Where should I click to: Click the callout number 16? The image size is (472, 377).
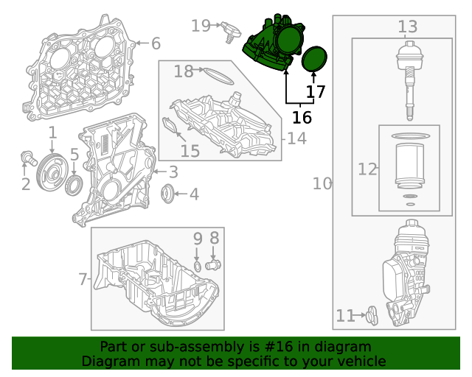pos(302,118)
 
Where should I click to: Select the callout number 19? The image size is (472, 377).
pos(201,26)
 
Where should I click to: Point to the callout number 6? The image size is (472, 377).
pos(156,44)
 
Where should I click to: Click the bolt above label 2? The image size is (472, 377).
pos(27,157)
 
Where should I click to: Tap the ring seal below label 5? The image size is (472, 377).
pos(75,184)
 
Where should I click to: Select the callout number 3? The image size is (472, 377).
pos(173,173)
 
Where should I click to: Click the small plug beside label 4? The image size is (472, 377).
pos(169,194)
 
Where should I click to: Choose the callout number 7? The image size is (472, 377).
pos(83,280)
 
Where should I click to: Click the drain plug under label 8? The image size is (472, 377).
pos(215,264)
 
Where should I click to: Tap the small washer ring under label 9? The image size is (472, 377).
pos(198,265)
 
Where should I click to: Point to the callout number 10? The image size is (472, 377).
pos(322,183)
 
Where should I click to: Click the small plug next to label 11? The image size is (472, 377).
pos(372,317)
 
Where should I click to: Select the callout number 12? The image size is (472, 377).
pos(367,169)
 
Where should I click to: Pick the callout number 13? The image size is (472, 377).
pos(408,27)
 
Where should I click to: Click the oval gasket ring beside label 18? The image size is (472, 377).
pos(218,74)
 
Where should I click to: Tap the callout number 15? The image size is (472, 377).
pos(190,151)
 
